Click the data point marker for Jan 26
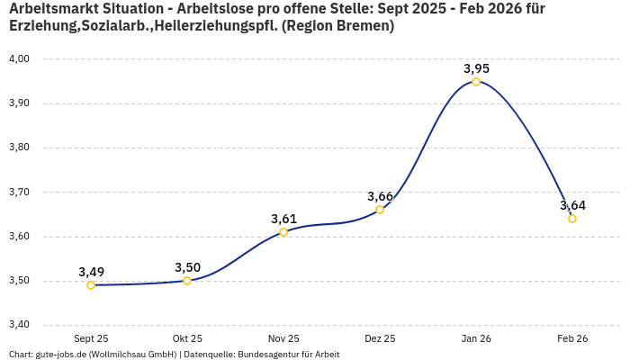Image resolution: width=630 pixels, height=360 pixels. click(x=476, y=82)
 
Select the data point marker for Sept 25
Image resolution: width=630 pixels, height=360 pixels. click(x=91, y=285)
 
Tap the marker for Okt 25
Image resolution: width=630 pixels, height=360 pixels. click(x=187, y=281)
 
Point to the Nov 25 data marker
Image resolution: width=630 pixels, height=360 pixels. click(x=283, y=232)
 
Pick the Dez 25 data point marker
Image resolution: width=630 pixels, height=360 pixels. click(x=380, y=210)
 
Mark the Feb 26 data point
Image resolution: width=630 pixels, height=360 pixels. click(x=572, y=219)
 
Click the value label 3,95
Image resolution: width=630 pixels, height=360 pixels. click(x=476, y=68)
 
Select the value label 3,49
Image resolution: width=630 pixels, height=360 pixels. click(x=91, y=272)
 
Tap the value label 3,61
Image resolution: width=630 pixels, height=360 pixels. click(x=283, y=219)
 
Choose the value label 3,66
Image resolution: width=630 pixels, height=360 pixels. click(x=380, y=196)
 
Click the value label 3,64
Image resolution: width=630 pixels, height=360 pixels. click(x=572, y=205)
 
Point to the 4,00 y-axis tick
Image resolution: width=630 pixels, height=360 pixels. click(x=19, y=58)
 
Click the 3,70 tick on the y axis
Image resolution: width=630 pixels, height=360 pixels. click(x=19, y=192)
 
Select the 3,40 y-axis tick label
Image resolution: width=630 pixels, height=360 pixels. click(x=19, y=325)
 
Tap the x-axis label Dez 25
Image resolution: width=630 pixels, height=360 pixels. click(x=380, y=338)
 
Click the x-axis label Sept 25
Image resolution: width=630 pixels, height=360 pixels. click(x=91, y=338)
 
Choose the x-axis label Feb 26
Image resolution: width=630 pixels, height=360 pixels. click(x=572, y=338)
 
